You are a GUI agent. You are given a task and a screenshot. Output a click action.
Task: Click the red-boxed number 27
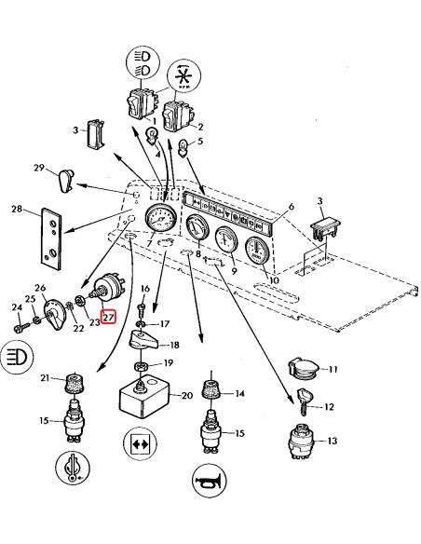(x=108, y=317)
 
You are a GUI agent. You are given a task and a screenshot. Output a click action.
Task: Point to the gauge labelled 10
(x=255, y=252)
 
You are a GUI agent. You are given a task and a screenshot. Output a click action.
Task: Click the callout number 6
(x=291, y=206)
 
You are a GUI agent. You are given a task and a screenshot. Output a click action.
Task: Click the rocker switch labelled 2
(x=176, y=118)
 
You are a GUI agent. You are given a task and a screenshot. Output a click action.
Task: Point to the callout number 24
(x=16, y=307)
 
